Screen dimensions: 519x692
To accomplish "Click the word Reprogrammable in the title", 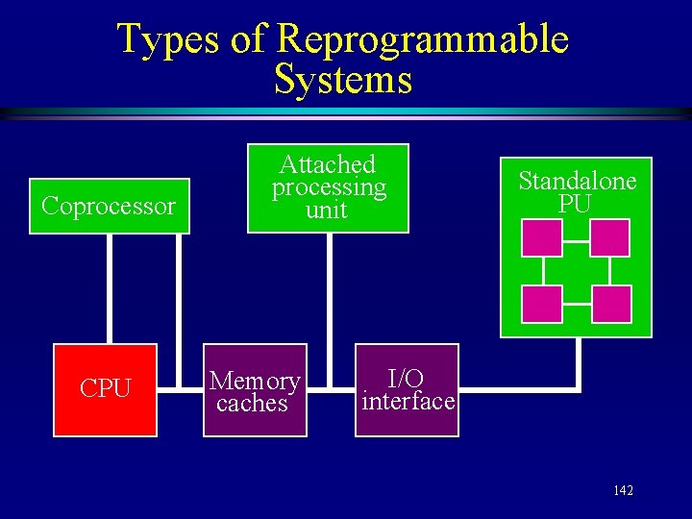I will [422, 39].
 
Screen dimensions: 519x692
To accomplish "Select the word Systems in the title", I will [343, 79].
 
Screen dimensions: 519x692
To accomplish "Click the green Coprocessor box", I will [110, 206].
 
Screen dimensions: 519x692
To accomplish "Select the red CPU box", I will [105, 389].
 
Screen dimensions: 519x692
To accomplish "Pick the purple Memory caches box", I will [255, 389].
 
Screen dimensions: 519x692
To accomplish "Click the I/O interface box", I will [408, 389].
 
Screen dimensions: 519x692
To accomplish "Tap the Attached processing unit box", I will [328, 187].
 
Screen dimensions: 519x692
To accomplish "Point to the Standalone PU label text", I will [577, 191].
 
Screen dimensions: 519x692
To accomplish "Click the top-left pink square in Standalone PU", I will [541, 237].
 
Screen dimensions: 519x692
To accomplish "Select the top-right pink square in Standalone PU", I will [609, 237].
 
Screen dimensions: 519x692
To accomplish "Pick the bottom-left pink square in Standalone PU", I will [541, 304].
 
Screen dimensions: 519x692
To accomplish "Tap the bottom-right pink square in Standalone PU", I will [611, 304].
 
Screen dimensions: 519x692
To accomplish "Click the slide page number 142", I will [623, 491].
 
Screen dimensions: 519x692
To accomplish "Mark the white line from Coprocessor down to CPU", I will [110, 288].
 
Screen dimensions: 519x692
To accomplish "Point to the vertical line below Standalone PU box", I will [580, 363].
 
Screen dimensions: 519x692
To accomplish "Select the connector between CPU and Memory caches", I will [180, 389].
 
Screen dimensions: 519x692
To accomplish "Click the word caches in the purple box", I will [252, 404].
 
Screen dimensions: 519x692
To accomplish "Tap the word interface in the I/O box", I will [408, 401].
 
